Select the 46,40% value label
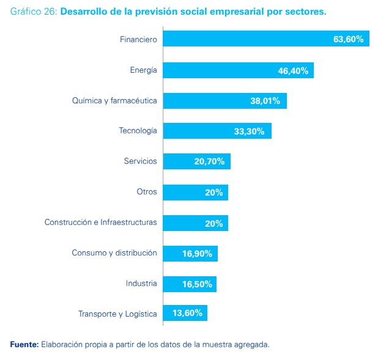pos(293,70)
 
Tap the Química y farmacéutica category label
pos(114,101)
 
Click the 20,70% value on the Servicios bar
pos(209,161)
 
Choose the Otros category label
pos(147,192)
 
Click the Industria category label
pos(141,284)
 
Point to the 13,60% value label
pos(187,314)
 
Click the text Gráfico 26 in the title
pos(34,12)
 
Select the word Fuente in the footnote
pos(23,345)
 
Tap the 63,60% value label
pos(348,39)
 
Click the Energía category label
pos(143,70)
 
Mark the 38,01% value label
pos(265,101)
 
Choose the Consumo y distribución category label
pos(114,253)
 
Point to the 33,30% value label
pos(249,131)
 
